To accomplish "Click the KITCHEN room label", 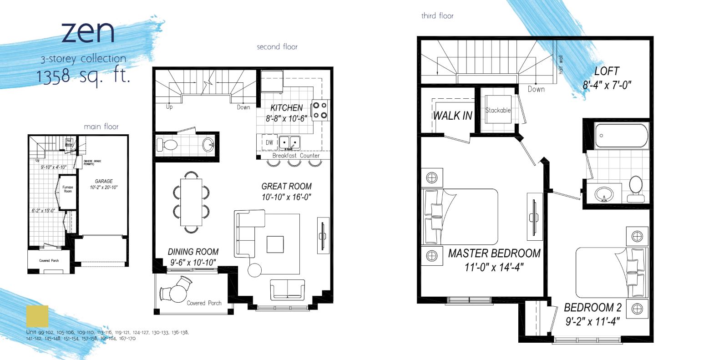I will click(x=286, y=108).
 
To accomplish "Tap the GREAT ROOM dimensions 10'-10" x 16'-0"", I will click(x=286, y=197).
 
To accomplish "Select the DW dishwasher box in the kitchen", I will click(x=269, y=142).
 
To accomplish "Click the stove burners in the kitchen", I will click(x=319, y=110).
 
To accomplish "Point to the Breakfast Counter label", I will click(x=296, y=156).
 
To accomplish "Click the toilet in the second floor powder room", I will click(x=167, y=145).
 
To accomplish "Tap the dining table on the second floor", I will click(x=191, y=202).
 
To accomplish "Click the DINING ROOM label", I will click(x=193, y=252).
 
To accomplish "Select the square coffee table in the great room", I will click(x=275, y=244).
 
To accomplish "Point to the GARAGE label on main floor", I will click(x=104, y=181).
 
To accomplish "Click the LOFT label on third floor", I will click(x=606, y=71).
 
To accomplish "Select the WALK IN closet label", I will click(x=452, y=116).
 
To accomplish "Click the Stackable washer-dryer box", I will click(x=498, y=110).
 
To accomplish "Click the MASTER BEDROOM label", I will click(x=494, y=254).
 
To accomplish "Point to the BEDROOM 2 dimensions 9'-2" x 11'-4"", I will click(x=592, y=321).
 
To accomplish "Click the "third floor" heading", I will click(x=437, y=16).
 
